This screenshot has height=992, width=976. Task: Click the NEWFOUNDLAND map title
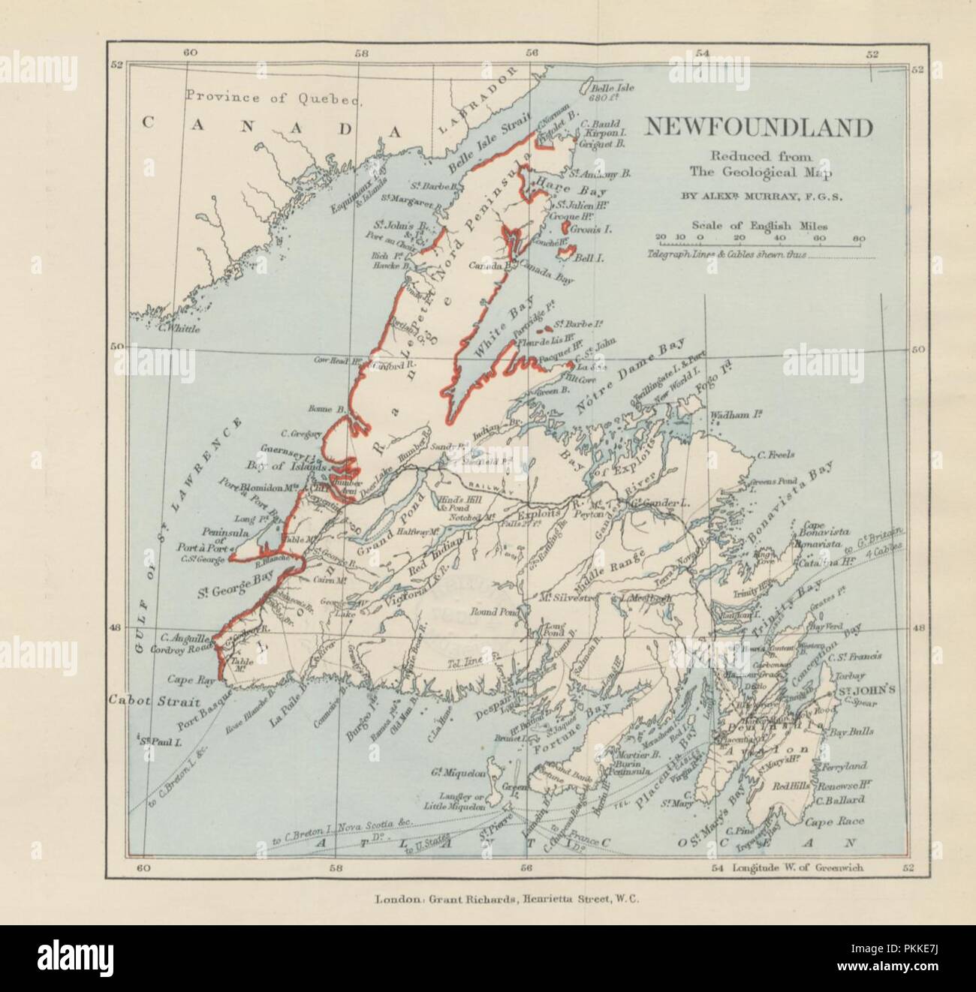click(x=759, y=128)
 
